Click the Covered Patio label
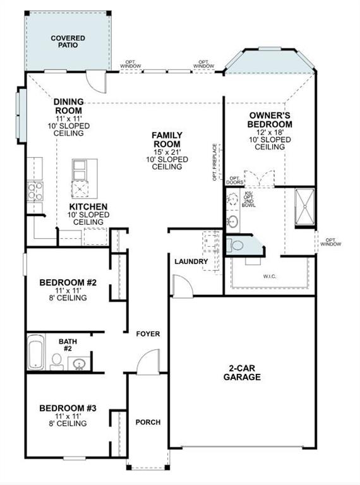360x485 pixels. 68,42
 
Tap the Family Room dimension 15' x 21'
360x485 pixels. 167,152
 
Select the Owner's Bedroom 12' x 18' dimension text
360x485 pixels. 269,133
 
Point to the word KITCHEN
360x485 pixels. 88,207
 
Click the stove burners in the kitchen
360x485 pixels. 35,191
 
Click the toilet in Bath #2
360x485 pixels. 57,361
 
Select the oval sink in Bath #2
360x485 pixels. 79,364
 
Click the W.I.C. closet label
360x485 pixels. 270,276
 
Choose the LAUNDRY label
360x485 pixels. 191,261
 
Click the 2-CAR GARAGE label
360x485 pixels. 242,373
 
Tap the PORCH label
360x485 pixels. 148,422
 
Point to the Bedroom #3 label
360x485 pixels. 68,409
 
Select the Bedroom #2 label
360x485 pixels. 68,282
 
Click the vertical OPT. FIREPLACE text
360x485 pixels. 215,162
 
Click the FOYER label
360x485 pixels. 148,334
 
